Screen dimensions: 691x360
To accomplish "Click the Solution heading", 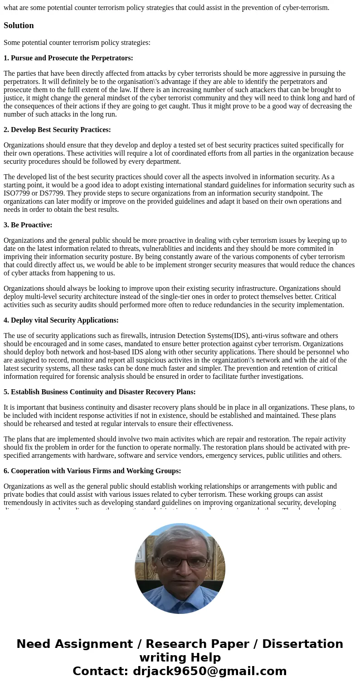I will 19,25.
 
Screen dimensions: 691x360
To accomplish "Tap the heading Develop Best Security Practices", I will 57,130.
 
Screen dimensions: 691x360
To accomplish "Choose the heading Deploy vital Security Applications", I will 61,320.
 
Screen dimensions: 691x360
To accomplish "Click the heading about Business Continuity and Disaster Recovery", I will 99,392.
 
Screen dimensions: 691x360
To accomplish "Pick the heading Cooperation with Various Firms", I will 92,471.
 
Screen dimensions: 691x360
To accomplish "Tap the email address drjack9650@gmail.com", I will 209,671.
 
